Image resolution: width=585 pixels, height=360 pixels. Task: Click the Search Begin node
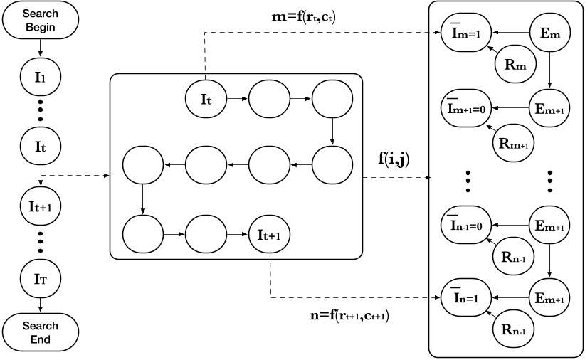coord(40,21)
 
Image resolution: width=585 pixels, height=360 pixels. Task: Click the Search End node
coord(40,332)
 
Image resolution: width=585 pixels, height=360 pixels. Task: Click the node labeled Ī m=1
coord(463,33)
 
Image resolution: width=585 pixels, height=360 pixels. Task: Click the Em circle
coord(550,33)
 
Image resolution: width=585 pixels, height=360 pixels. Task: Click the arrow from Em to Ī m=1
coord(510,33)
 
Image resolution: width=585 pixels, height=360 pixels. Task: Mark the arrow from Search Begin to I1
coord(40,46)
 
